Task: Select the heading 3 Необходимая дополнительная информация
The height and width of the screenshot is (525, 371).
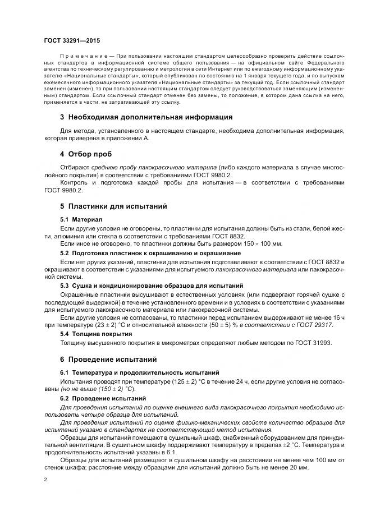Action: [x=146, y=117]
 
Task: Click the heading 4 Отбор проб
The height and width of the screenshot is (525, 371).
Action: [x=86, y=154]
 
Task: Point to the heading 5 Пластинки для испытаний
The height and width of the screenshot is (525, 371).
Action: [x=113, y=206]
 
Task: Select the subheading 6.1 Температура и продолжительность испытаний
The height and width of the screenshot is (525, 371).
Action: [x=131, y=372]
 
